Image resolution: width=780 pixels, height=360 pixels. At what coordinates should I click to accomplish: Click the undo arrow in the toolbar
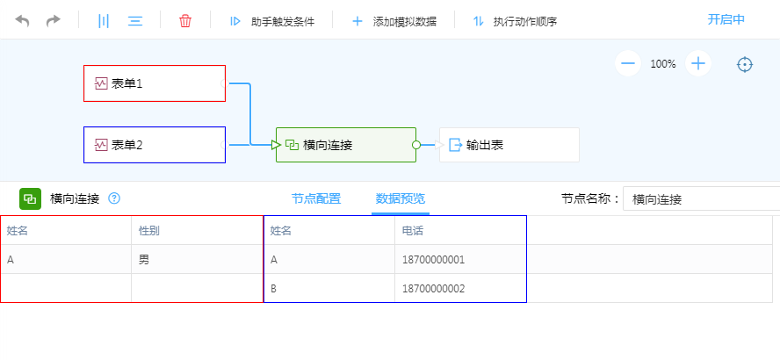(x=23, y=21)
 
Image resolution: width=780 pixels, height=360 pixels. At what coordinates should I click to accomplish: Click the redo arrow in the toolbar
(x=54, y=21)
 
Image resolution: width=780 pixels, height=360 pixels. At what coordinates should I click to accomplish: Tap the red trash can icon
(x=185, y=21)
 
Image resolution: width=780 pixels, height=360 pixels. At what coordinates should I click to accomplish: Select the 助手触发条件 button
(x=272, y=21)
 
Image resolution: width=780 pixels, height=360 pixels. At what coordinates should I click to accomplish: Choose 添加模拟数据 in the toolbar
(x=394, y=21)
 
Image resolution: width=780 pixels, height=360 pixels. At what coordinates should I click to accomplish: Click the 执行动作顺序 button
(x=515, y=21)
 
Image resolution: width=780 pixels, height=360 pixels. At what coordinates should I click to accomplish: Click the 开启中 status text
(x=726, y=19)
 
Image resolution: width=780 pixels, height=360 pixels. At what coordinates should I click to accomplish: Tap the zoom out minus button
(x=628, y=63)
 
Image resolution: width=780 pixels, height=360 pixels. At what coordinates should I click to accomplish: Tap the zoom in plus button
(x=698, y=63)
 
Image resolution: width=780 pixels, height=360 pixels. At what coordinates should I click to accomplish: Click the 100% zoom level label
(x=663, y=64)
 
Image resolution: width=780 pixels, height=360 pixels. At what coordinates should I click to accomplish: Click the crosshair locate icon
(x=745, y=64)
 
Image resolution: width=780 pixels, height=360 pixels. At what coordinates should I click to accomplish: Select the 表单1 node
(x=155, y=83)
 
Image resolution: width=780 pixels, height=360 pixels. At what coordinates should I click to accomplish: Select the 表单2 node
(x=155, y=145)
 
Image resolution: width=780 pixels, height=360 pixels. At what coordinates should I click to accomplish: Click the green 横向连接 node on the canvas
(x=346, y=145)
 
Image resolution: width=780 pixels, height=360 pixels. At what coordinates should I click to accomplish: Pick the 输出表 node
(x=509, y=145)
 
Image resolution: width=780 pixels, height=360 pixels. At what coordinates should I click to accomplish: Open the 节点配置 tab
(x=316, y=198)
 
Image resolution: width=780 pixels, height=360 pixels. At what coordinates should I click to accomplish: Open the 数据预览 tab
(x=400, y=198)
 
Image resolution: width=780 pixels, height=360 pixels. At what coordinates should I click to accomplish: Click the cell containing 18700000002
(x=460, y=289)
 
